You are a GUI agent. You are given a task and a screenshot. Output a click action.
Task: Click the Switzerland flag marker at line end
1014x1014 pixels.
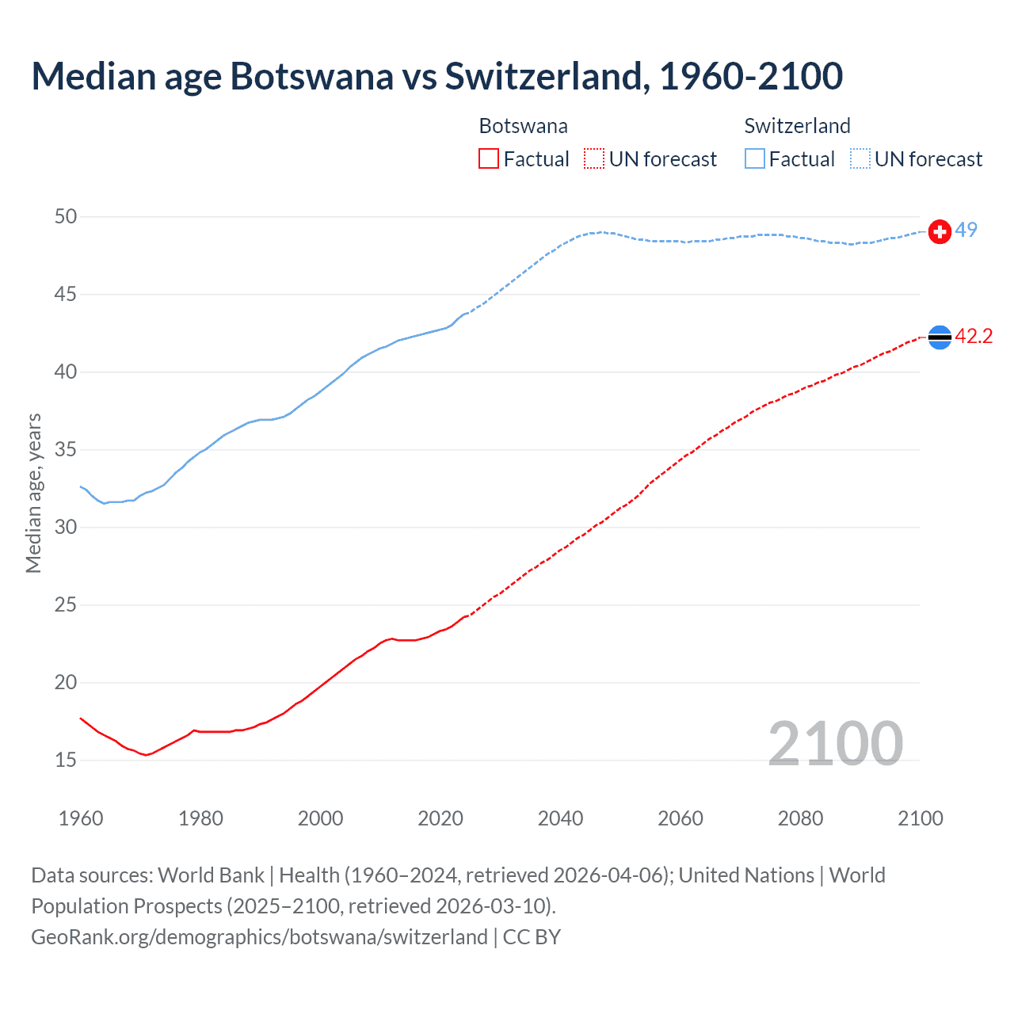pos(940,231)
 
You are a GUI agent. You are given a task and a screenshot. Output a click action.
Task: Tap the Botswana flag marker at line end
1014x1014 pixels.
pos(940,337)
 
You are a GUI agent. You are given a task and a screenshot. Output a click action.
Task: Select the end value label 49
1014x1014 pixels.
pos(966,230)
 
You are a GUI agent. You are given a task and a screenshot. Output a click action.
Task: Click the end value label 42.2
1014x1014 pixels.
pos(974,336)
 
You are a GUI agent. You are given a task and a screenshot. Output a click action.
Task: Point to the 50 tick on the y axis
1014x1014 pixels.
pos(66,216)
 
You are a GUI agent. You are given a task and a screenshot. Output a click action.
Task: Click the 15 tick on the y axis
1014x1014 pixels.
pos(66,760)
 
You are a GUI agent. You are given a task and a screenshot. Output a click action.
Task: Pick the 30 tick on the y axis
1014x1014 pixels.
pos(66,527)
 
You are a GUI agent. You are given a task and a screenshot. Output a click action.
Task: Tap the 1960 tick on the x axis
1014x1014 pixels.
pos(81,818)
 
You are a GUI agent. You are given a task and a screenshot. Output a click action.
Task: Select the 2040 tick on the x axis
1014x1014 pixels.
pos(560,818)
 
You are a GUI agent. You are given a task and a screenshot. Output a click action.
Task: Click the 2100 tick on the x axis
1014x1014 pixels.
pos(920,818)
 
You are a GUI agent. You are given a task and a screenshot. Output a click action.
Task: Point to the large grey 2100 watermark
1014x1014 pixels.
pos(835,743)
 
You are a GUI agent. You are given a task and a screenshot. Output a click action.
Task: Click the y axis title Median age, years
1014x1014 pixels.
pos(33,493)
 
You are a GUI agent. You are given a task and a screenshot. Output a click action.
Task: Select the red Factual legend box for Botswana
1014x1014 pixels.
pos(489,159)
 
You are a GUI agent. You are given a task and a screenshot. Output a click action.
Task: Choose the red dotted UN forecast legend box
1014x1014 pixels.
pos(594,159)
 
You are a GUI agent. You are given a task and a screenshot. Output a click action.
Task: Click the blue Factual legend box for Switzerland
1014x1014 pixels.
pos(755,159)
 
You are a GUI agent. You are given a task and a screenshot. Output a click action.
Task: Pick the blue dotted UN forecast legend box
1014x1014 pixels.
pos(860,159)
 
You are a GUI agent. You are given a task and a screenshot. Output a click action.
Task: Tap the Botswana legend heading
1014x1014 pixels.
pos(523,126)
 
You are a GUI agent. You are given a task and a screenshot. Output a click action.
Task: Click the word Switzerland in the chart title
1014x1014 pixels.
pos(547,76)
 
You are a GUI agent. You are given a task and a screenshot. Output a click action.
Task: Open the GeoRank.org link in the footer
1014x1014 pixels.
pos(259,936)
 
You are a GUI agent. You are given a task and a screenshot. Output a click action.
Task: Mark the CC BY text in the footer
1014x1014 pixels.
pos(532,936)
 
